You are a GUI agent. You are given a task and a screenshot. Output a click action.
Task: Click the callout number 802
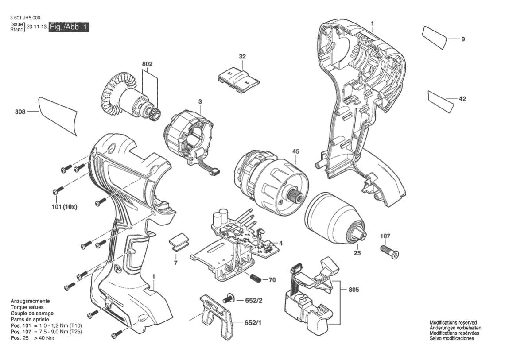click(147, 64)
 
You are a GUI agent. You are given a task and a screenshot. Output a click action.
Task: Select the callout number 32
click(242, 57)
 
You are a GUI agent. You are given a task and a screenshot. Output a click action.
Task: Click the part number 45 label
click(296, 151)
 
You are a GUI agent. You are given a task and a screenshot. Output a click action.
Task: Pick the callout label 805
click(354, 290)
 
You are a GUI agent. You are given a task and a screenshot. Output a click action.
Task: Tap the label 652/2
click(254, 300)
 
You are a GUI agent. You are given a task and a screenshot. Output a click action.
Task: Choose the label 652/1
click(253, 323)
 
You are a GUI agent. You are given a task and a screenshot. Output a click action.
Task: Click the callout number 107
click(385, 236)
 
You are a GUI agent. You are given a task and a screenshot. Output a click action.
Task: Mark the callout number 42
click(462, 99)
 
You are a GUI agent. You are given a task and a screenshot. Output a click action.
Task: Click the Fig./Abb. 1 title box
click(69, 27)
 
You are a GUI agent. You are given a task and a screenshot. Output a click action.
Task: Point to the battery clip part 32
click(238, 79)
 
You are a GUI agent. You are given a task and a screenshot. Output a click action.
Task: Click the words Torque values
click(27, 307)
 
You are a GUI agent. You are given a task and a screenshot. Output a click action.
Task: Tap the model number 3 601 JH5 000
click(25, 18)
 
